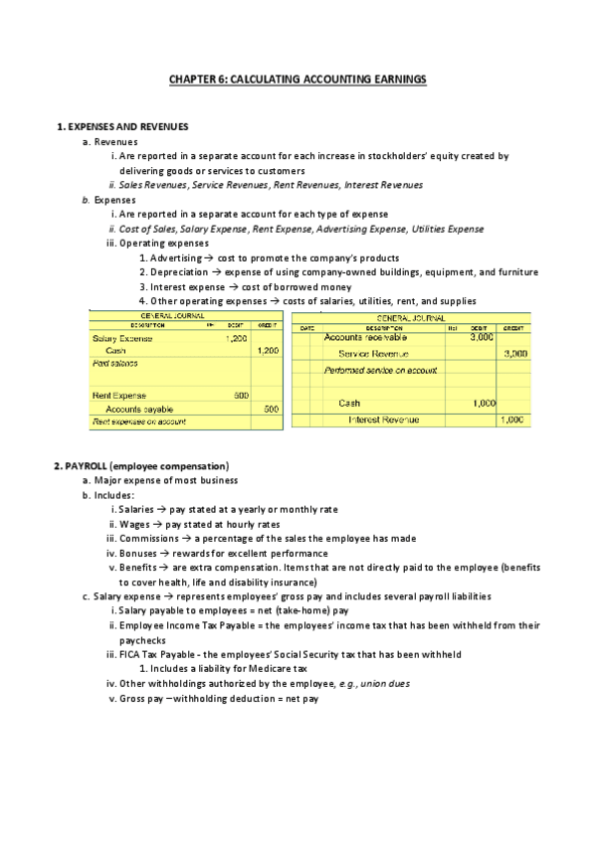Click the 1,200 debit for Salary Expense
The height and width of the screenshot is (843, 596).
[x=236, y=339]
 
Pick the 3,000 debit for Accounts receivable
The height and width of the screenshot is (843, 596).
[x=482, y=338]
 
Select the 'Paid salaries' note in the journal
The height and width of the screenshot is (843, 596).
[x=114, y=364]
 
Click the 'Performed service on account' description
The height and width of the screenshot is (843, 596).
[x=380, y=370]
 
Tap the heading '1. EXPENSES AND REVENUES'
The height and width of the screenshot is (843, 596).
[x=121, y=126]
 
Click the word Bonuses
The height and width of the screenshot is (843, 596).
[x=140, y=553]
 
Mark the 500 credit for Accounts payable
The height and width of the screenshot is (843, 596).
[x=271, y=409]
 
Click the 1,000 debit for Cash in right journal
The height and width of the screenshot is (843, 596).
[x=482, y=404]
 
